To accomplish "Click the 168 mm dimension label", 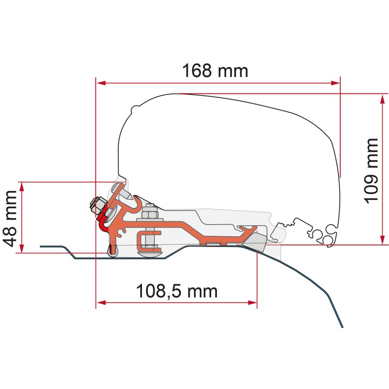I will pos(215,71).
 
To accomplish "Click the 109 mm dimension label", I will pos(371,170).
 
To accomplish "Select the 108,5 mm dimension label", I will pos(176,291).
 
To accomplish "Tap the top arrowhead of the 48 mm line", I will pos(21,185).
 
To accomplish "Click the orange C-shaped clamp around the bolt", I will pos(145,238).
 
